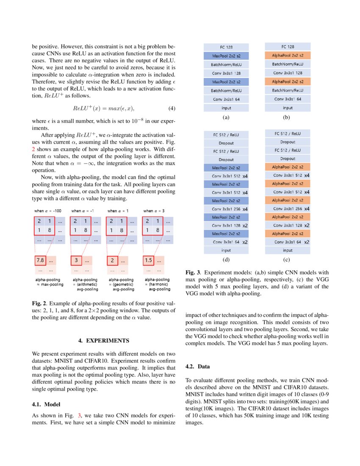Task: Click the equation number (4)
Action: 172,108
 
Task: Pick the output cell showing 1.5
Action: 148,260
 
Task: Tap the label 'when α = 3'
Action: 154,211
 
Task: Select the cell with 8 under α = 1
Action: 122,231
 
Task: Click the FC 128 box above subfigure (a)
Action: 226,47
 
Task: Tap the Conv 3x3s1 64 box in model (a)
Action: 226,99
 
